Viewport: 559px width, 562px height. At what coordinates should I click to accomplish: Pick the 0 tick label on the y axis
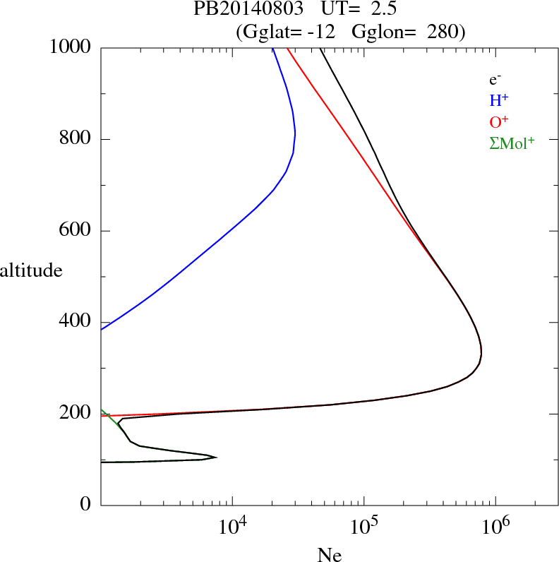click(86, 505)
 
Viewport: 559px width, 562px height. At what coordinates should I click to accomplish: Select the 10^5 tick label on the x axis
click(363, 527)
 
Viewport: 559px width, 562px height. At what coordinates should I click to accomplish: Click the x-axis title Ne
click(329, 555)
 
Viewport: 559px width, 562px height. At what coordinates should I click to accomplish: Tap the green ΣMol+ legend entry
click(512, 142)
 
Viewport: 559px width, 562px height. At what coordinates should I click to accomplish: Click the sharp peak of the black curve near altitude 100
click(216, 457)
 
